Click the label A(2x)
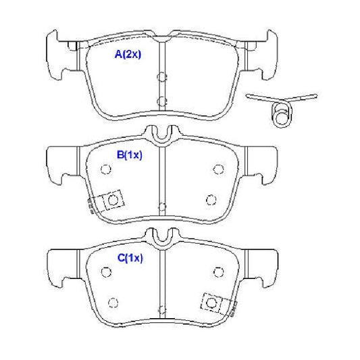(x=128, y=55)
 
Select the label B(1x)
(x=130, y=155)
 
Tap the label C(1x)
(x=130, y=258)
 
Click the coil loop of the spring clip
(x=282, y=115)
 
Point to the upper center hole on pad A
(x=162, y=77)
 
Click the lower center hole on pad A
(x=162, y=101)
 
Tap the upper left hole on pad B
(x=106, y=170)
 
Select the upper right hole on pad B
(x=218, y=170)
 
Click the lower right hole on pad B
(x=211, y=200)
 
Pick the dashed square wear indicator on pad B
(x=113, y=200)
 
